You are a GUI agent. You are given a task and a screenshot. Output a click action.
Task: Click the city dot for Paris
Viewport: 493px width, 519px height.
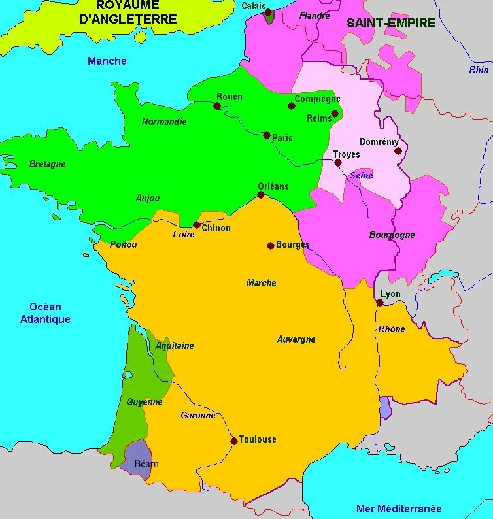267,135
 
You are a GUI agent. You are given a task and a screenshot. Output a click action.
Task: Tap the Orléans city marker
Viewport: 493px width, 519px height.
261,195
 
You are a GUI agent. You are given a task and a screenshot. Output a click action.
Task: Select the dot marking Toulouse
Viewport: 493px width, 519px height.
233,441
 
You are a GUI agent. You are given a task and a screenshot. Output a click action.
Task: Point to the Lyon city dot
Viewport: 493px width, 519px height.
380,303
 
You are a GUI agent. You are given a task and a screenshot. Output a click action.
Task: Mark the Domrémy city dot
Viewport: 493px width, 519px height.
398,151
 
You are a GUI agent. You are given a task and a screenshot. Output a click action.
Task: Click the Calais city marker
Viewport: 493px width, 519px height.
267,12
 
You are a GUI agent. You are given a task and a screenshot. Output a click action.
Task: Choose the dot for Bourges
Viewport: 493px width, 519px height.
270,246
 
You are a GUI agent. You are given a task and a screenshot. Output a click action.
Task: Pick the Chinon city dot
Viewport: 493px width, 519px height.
196,225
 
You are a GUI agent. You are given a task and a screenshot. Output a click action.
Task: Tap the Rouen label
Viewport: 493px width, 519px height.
229,97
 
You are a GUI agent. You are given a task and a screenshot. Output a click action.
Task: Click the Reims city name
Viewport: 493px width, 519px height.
319,118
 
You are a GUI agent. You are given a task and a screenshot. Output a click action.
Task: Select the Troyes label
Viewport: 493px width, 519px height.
347,154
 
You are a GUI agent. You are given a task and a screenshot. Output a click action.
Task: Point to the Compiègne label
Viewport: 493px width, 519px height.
317,99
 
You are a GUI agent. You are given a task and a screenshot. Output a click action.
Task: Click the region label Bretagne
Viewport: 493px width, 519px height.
48,164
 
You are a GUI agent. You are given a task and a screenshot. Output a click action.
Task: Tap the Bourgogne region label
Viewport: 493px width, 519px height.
392,235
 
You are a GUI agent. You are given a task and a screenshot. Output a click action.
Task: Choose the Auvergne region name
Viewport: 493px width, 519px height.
296,339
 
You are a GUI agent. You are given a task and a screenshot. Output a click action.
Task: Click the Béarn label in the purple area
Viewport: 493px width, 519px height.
146,464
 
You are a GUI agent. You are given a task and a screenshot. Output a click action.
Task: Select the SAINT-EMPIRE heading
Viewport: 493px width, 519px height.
391,23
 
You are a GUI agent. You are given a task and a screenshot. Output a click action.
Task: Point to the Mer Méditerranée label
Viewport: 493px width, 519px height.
399,509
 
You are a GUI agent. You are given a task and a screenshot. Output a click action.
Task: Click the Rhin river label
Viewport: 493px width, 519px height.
479,69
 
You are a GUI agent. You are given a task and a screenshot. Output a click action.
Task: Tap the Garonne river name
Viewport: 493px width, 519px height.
198,415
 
